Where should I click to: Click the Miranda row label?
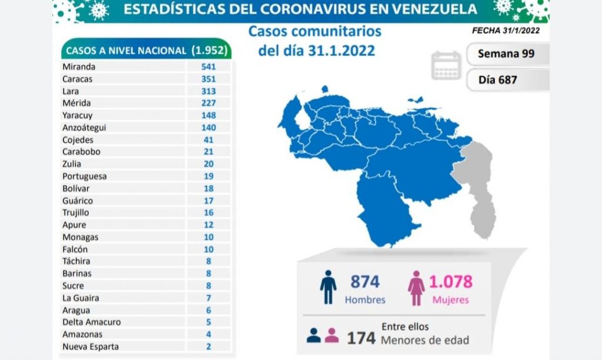[x=79, y=66]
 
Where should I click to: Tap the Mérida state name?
[x=76, y=103]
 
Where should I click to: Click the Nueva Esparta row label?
[x=91, y=346]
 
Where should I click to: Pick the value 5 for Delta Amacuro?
[x=208, y=322]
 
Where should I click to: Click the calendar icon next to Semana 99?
[x=447, y=65]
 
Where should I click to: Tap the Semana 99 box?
[x=507, y=54]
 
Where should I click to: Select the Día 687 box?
[x=507, y=79]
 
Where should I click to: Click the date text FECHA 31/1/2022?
[x=506, y=31]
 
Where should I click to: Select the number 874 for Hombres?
[x=365, y=282]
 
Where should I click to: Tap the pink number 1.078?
[x=451, y=282]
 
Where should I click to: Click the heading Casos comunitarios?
[x=315, y=31]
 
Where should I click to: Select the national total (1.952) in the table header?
[x=209, y=51]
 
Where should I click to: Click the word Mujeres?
[x=451, y=300]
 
